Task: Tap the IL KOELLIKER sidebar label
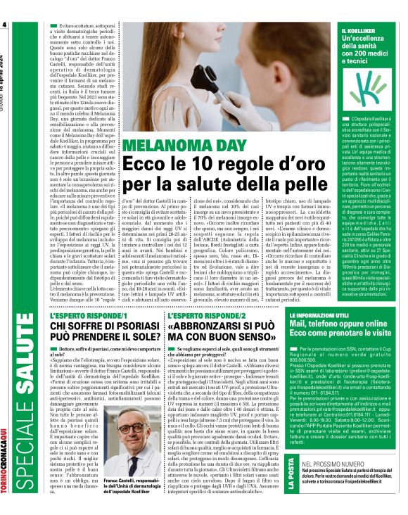(359, 30)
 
